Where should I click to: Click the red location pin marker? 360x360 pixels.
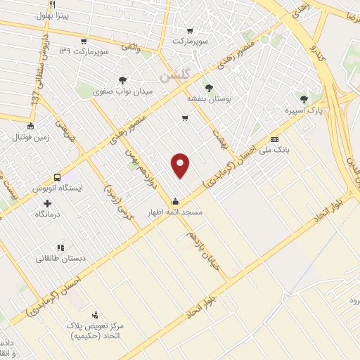coord(181,165)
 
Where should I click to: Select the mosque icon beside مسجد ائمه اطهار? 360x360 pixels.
coord(174,201)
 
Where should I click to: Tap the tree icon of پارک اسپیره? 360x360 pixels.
coord(304,100)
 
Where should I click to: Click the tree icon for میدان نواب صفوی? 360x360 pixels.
coord(123,80)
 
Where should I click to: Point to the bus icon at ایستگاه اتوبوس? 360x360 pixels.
coord(57,178)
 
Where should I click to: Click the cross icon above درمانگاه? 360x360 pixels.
coord(48,202)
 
